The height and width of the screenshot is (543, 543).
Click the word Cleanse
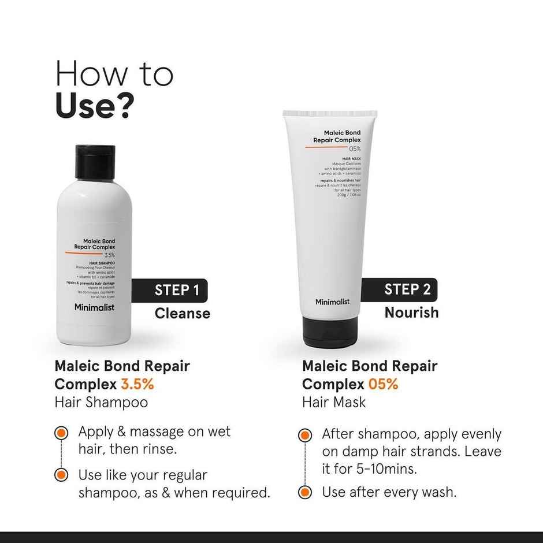182,314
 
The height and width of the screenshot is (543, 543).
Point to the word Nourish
411,313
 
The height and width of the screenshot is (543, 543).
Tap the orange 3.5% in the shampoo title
137,384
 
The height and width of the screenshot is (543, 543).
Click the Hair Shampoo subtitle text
101,402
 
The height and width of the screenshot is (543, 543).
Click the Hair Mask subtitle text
334,402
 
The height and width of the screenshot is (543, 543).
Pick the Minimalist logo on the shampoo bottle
94,307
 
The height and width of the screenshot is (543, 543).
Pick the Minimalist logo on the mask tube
332,302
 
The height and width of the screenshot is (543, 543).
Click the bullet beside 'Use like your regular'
60,475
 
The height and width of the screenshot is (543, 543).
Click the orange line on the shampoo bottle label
84,253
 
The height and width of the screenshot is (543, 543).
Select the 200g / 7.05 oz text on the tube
349,195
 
